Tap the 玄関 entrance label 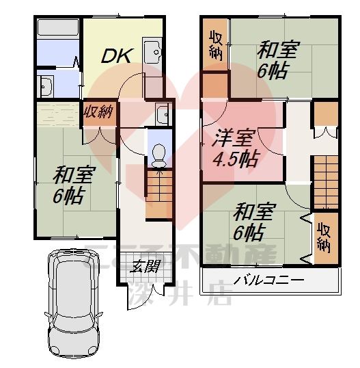pyautogui.click(x=143, y=267)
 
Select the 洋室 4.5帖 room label pyautogui.click(x=234, y=149)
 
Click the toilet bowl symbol pyautogui.click(x=157, y=154)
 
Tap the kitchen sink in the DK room pyautogui.click(x=152, y=51)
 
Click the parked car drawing pyautogui.click(x=73, y=304)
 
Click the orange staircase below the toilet pyautogui.click(x=157, y=194)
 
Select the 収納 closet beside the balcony pyautogui.click(x=324, y=237)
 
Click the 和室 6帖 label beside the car pyautogui.click(x=68, y=186)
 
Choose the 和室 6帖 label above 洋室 pyautogui.click(x=278, y=60)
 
